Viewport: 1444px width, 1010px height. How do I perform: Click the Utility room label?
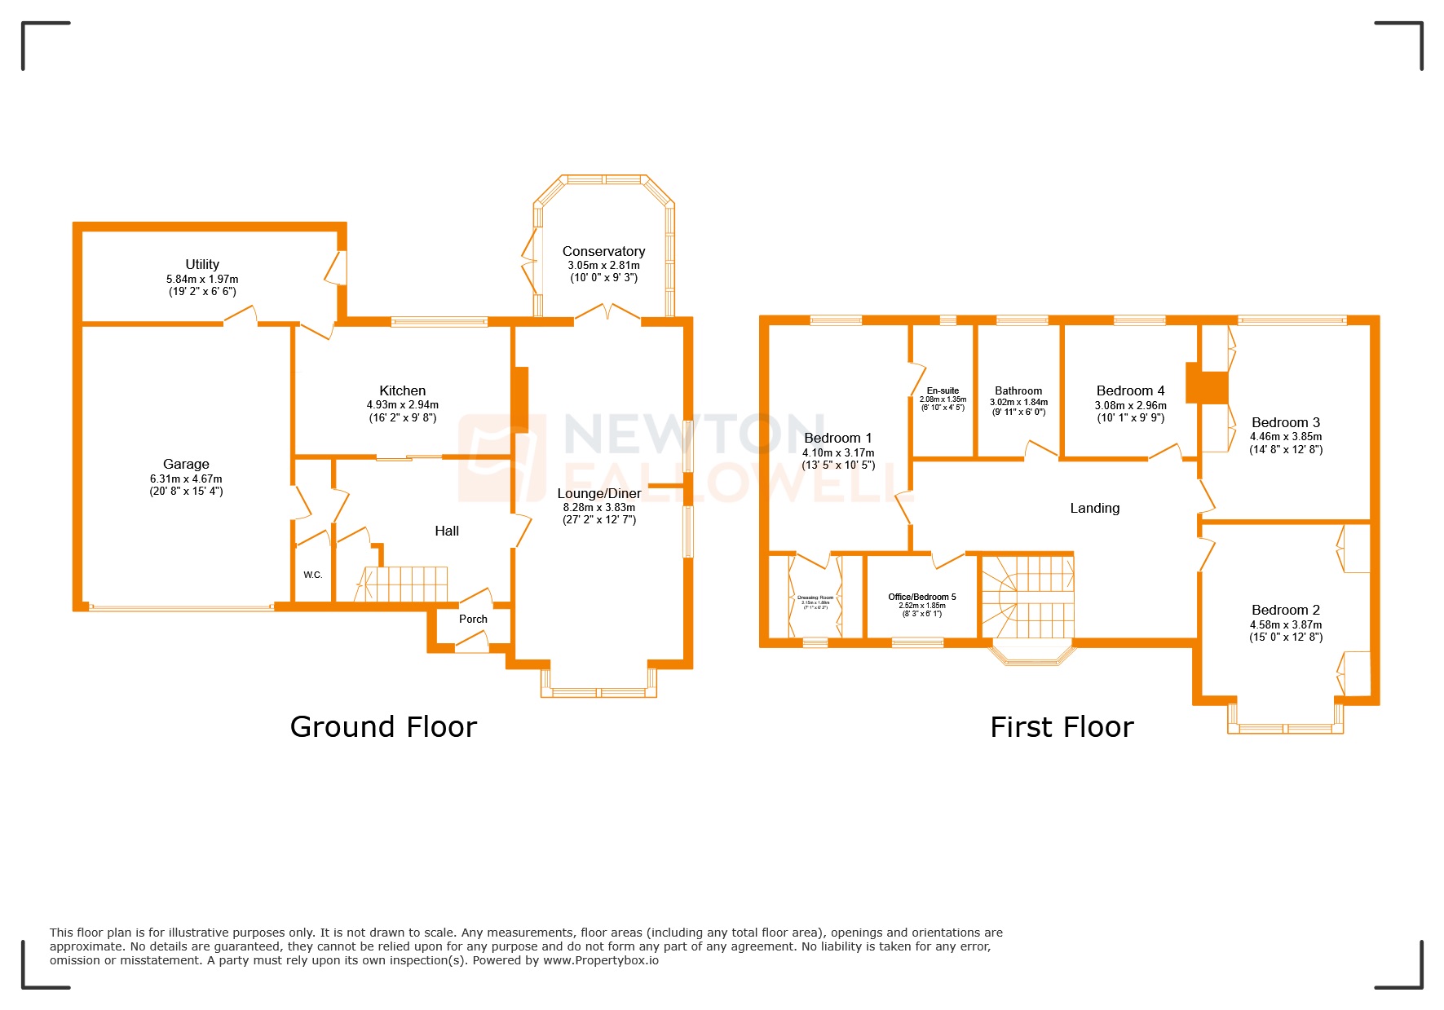pos(202,264)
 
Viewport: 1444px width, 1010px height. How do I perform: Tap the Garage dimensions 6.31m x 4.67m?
pos(186,479)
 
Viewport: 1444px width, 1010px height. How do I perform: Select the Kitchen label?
pos(402,390)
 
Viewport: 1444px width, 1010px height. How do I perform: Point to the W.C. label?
pos(313,575)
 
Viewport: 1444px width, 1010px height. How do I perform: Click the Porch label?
pos(473,619)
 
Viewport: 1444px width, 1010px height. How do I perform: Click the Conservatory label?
pos(603,251)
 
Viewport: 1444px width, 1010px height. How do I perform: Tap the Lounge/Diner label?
pos(598,493)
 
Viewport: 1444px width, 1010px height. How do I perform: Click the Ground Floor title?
pos(383,726)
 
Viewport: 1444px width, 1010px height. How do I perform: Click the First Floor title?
pos(1062,726)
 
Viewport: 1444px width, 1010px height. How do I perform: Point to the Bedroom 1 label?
pos(837,438)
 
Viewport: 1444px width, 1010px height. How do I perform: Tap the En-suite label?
pos(943,390)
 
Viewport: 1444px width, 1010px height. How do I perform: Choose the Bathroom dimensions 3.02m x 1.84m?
pos(1018,402)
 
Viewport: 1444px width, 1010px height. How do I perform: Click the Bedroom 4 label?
pos(1130,390)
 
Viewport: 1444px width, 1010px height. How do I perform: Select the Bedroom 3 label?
pos(1285,422)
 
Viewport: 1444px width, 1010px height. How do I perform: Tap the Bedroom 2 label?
pos(1285,610)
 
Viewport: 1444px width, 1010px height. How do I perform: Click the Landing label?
pos(1094,508)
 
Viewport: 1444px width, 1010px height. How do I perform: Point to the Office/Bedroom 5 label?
pos(921,597)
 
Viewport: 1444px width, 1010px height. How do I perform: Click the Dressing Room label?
pos(815,598)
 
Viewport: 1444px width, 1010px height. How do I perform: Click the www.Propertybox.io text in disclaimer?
pos(601,960)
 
